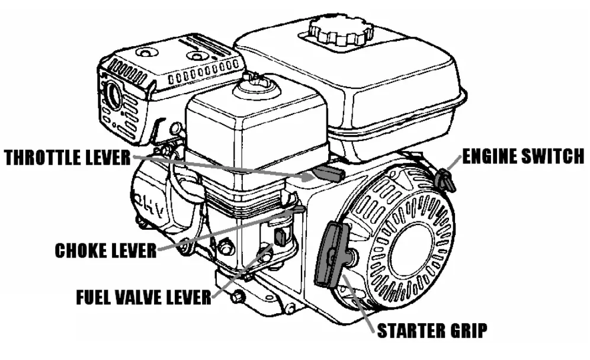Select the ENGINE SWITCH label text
point(522,156)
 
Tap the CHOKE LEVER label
point(105,250)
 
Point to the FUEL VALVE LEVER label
point(143,296)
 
